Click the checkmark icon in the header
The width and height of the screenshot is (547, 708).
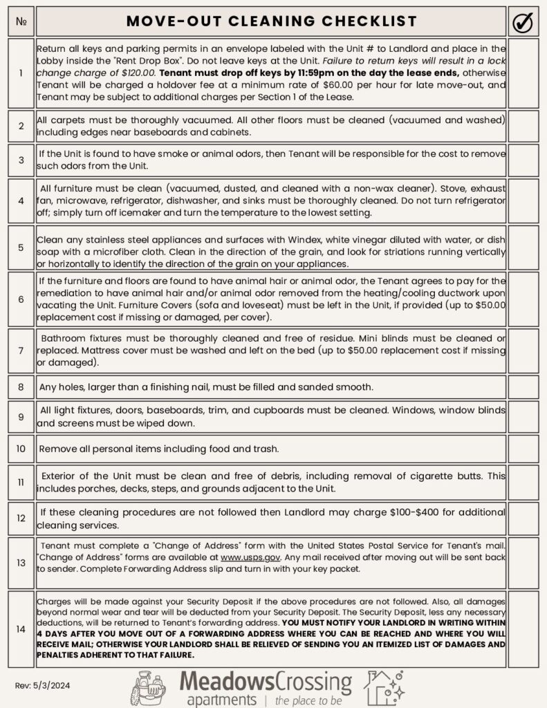point(523,23)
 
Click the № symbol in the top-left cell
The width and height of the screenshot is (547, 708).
point(21,23)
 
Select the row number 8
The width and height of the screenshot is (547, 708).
point(21,386)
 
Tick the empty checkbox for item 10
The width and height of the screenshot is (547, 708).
point(523,449)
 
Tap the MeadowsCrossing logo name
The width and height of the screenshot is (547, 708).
point(266,681)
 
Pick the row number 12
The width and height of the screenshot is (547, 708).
point(21,518)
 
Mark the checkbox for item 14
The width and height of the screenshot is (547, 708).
point(523,629)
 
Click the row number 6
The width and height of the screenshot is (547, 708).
point(21,299)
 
